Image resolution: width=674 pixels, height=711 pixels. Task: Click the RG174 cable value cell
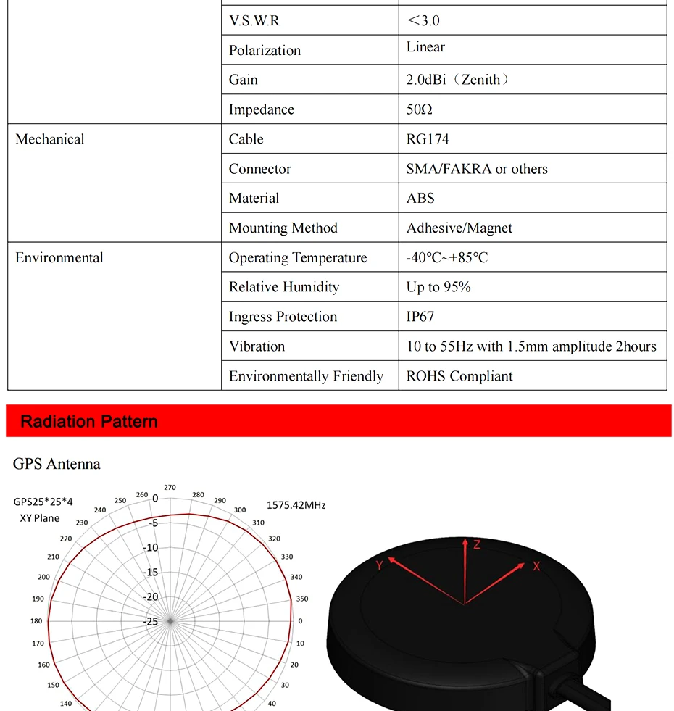(428, 139)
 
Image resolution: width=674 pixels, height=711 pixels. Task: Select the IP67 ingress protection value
(420, 317)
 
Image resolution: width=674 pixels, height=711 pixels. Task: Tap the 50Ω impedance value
(419, 109)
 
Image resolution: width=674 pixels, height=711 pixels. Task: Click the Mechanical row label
(50, 139)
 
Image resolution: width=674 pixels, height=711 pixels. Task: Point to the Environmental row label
(59, 257)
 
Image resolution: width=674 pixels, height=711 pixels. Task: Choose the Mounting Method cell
(283, 228)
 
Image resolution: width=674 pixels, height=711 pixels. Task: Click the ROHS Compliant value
(459, 376)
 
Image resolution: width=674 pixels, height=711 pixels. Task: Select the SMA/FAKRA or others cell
(477, 169)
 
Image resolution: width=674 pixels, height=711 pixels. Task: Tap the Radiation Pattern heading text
(89, 422)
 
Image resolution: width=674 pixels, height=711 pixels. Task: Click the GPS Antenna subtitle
(57, 464)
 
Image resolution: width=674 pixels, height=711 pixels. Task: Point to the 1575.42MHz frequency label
(296, 504)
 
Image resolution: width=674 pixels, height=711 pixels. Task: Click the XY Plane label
(40, 518)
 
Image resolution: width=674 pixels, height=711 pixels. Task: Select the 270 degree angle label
(170, 488)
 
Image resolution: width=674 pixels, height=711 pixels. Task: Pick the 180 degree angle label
(36, 621)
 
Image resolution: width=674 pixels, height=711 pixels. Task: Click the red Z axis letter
(477, 544)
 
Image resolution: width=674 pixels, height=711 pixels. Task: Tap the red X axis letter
(536, 566)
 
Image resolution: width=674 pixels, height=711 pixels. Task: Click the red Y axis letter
(379, 565)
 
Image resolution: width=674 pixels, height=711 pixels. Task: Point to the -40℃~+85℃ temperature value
(447, 257)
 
